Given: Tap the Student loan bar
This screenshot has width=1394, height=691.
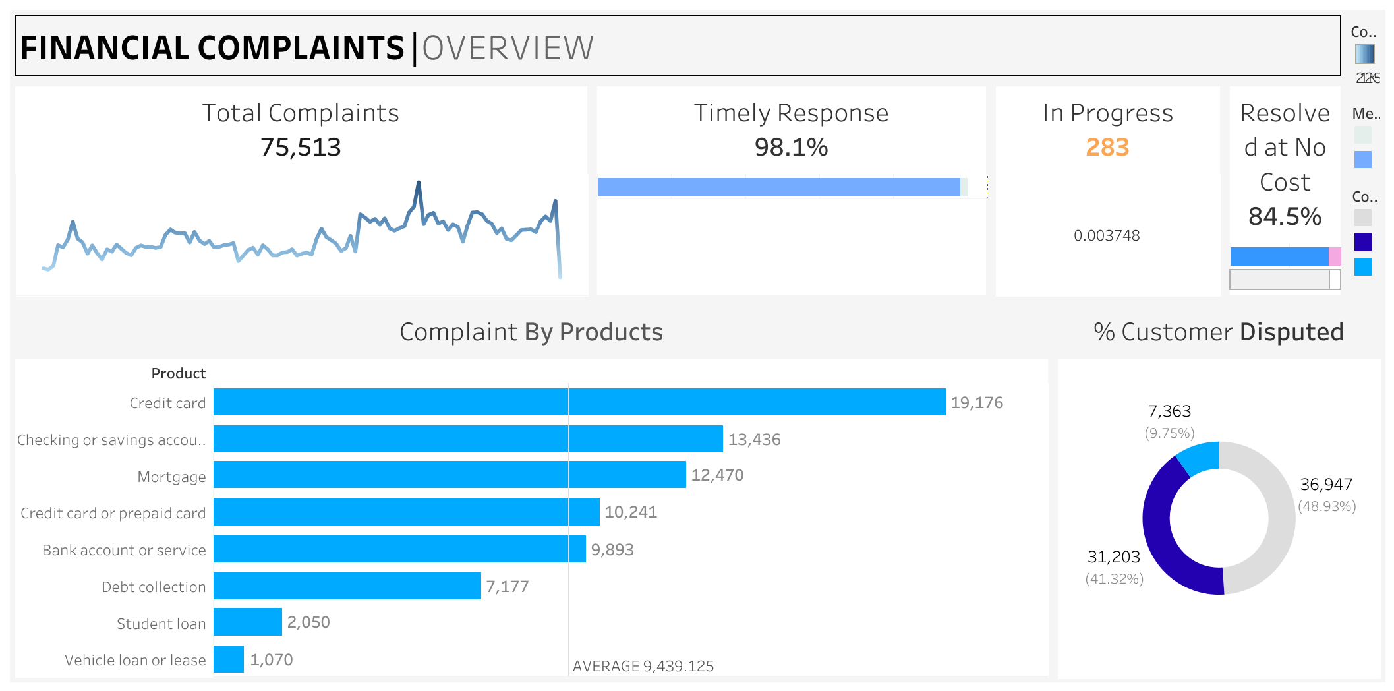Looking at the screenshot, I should [x=248, y=622].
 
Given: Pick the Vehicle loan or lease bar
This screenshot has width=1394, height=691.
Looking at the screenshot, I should [x=229, y=659].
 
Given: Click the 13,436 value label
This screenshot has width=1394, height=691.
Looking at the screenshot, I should [x=754, y=440].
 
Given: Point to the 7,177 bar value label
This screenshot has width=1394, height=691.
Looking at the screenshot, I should [x=508, y=587].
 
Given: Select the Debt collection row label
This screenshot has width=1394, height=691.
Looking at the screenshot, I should [x=154, y=587].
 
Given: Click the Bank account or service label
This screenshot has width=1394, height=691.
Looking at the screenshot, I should [x=124, y=550].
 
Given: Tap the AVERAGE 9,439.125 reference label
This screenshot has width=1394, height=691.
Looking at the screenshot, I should [x=643, y=666].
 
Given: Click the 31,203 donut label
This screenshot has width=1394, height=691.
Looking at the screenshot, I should [x=1113, y=557].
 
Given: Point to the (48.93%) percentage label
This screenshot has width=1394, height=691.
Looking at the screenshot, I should [x=1327, y=506].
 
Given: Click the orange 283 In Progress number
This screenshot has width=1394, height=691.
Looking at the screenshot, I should [x=1107, y=147].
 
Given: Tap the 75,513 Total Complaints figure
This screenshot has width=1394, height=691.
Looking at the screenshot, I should [x=301, y=147].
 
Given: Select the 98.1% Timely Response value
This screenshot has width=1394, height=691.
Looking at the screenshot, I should [x=791, y=147].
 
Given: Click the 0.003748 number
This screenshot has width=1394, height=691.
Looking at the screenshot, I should [x=1107, y=235].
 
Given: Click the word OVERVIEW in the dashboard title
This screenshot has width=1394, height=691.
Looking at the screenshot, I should [x=508, y=48].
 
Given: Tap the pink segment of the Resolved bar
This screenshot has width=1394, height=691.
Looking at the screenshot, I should [x=1335, y=256].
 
